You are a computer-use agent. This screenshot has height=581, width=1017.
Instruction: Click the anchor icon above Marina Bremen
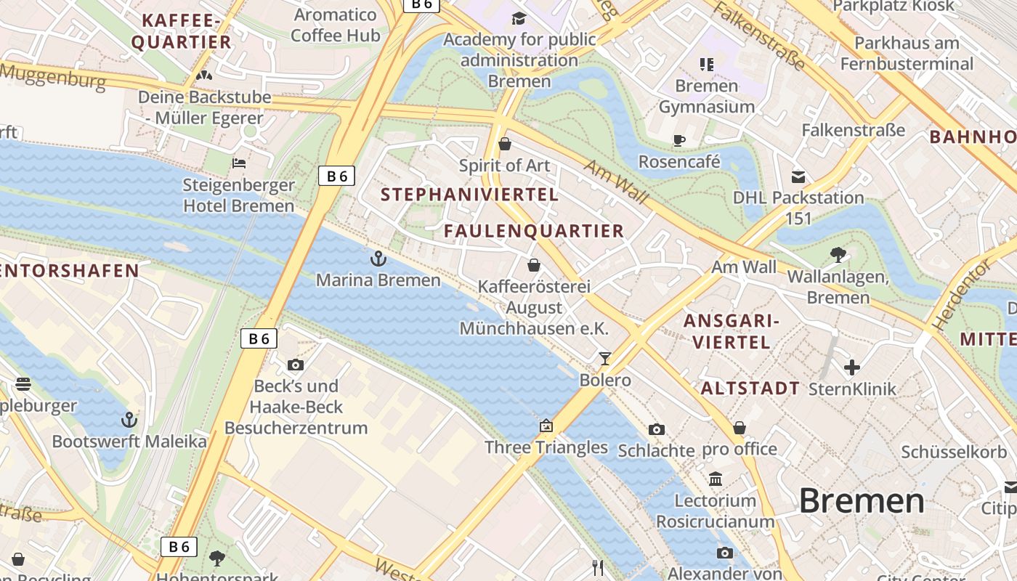(378, 259)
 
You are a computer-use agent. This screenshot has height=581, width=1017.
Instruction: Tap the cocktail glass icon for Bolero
(604, 358)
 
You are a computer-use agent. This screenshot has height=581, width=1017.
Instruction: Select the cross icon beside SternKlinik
(852, 367)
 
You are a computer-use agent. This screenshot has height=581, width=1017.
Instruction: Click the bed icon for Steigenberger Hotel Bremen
(238, 163)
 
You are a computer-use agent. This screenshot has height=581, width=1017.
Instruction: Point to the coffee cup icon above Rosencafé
(679, 140)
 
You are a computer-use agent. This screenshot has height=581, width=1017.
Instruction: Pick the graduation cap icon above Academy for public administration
(519, 18)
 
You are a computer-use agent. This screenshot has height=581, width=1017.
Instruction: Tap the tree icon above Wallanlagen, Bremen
(838, 254)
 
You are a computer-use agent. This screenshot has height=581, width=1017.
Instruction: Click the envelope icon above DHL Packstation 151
(798, 176)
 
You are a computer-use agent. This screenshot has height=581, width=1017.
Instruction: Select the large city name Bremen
(862, 501)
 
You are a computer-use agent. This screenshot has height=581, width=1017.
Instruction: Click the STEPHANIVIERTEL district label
(469, 195)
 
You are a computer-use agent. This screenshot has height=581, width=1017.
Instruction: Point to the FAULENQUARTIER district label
(534, 231)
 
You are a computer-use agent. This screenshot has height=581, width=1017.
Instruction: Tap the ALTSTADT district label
(750, 388)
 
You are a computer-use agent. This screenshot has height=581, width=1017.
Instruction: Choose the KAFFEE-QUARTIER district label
(181, 31)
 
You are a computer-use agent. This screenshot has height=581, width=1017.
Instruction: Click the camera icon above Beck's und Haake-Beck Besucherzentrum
(296, 365)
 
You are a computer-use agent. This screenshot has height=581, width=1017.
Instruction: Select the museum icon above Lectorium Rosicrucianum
(716, 479)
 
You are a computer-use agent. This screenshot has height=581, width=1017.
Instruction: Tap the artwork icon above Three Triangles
(546, 426)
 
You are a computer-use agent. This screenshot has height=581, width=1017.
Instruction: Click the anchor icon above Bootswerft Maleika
(129, 420)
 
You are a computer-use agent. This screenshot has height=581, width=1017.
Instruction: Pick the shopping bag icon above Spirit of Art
(505, 144)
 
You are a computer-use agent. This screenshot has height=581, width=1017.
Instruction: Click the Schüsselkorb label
(955, 451)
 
